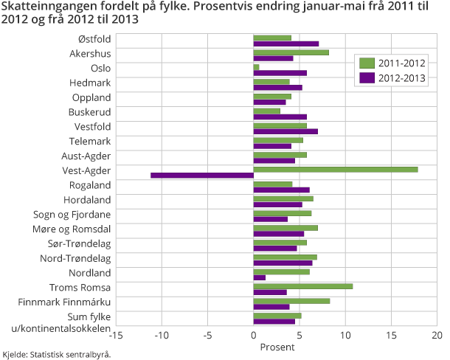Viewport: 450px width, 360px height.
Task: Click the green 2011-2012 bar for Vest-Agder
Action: click(336, 170)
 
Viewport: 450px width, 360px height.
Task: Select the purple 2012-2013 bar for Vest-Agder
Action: click(202, 176)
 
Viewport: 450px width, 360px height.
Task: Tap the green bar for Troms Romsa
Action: click(302, 286)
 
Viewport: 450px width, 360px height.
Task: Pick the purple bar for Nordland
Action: click(259, 277)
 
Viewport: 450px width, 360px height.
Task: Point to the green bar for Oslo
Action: click(256, 67)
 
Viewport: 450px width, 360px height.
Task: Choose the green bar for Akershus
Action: click(291, 52)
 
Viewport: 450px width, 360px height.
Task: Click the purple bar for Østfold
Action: click(285, 44)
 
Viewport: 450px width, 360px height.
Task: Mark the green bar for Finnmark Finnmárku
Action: click(291, 301)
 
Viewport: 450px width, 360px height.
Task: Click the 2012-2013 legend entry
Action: click(390, 78)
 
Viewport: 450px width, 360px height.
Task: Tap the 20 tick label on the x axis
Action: click(437, 336)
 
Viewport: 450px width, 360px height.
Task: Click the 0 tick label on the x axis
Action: click(253, 336)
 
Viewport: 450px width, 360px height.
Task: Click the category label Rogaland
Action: click(90, 185)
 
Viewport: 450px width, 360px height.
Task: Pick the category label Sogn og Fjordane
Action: click(74, 214)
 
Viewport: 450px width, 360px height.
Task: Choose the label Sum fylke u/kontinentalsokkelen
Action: click(71, 322)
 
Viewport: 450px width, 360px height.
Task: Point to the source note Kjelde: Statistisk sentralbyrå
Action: click(56, 354)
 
